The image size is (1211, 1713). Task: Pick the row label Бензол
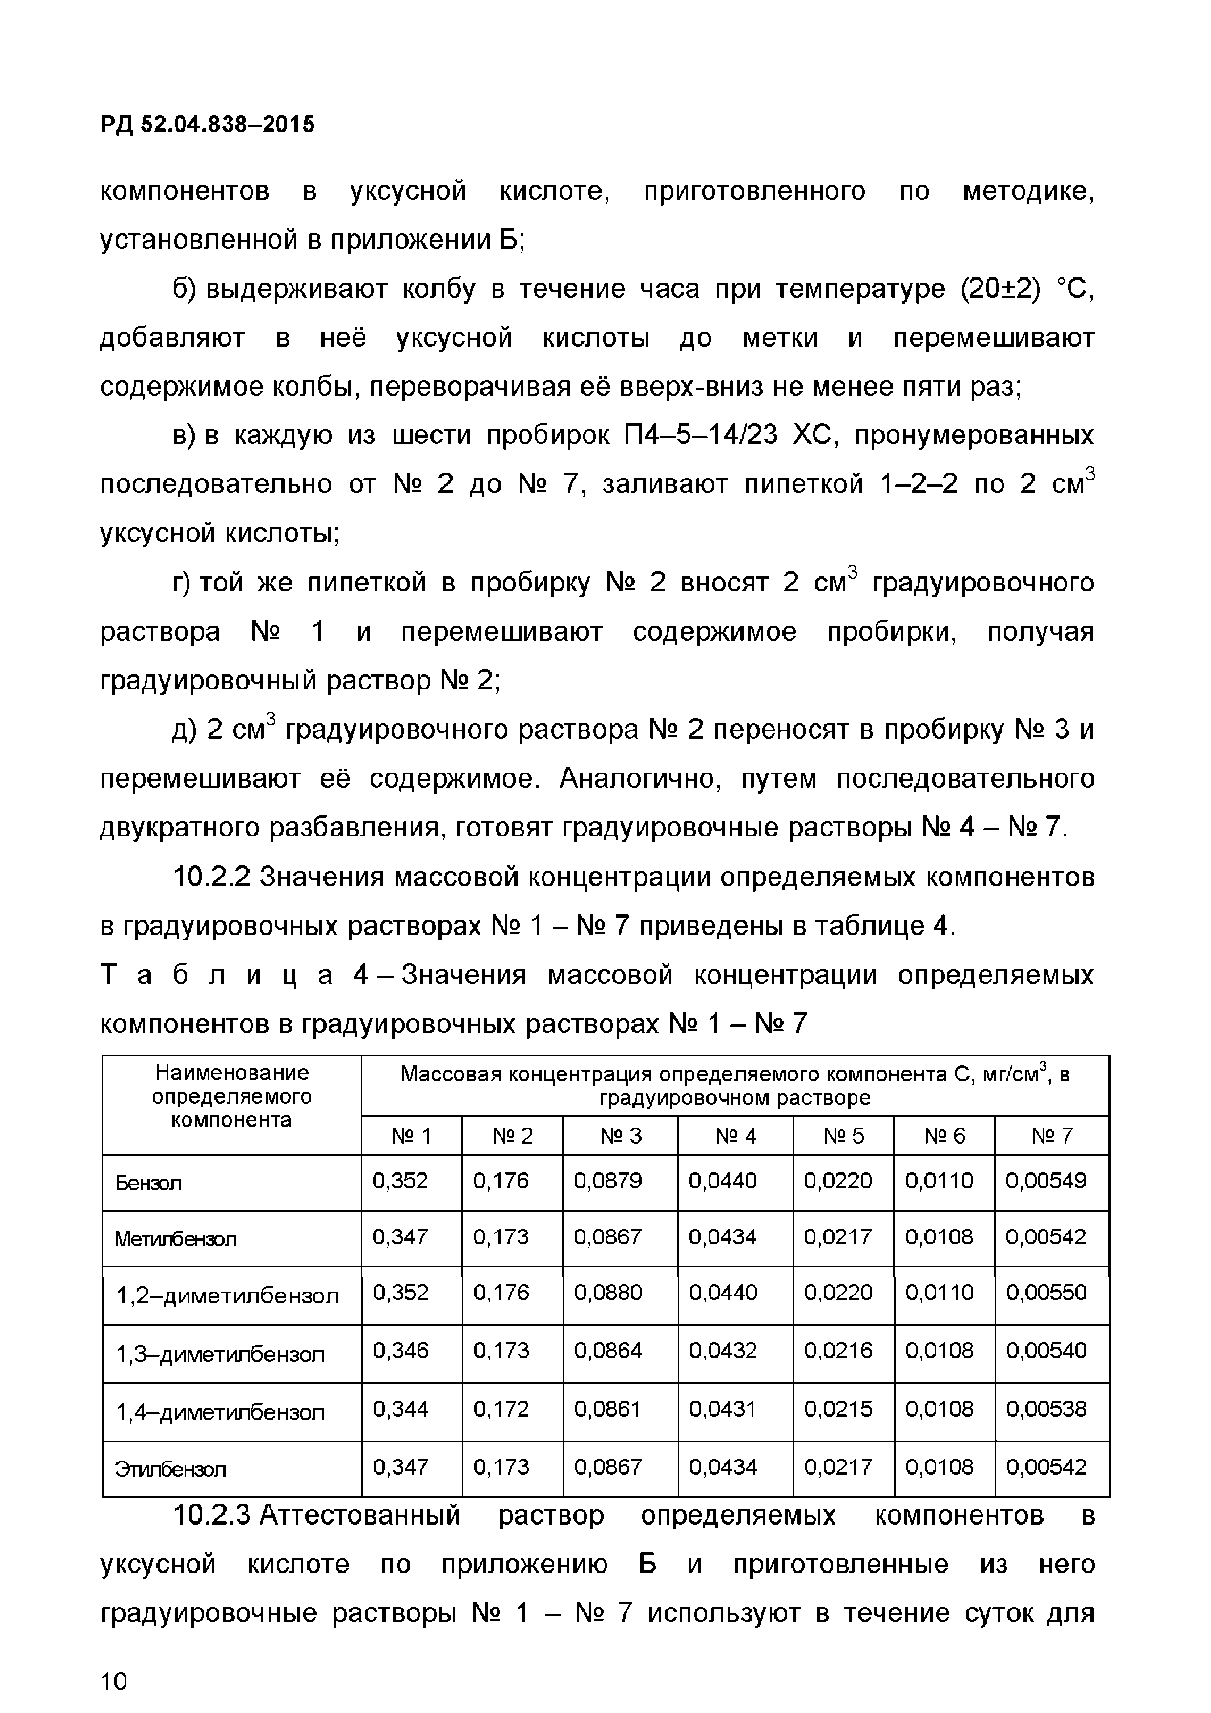(148, 1183)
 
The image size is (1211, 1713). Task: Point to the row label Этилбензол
(169, 1468)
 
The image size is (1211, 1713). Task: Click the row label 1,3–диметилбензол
(220, 1354)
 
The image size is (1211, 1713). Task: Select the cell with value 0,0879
(607, 1181)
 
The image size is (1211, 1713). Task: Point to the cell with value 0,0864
(607, 1350)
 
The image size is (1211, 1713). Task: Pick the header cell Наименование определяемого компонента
(231, 1097)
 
